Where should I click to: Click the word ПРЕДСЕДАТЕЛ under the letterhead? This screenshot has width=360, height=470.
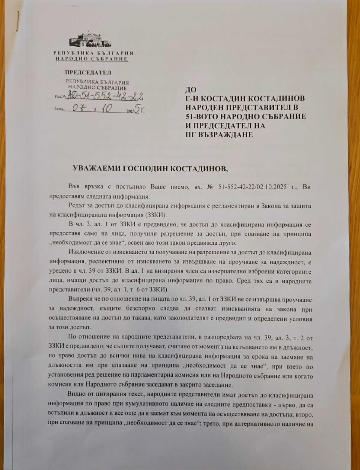(x=88, y=73)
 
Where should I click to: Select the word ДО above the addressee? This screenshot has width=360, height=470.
(x=191, y=89)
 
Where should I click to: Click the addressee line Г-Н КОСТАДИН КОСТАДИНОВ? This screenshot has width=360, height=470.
(x=245, y=98)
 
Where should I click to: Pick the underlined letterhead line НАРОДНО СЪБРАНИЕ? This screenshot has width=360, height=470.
(x=92, y=59)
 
